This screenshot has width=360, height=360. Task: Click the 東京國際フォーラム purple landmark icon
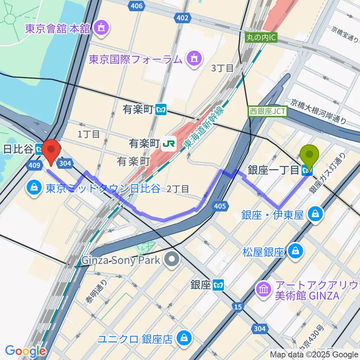point(194,59)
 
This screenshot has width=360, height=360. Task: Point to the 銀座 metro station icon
point(218,285)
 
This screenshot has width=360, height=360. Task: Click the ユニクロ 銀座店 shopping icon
point(184,339)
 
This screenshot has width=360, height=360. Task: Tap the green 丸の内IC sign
point(261,38)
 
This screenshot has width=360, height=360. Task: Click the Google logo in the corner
point(25,351)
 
